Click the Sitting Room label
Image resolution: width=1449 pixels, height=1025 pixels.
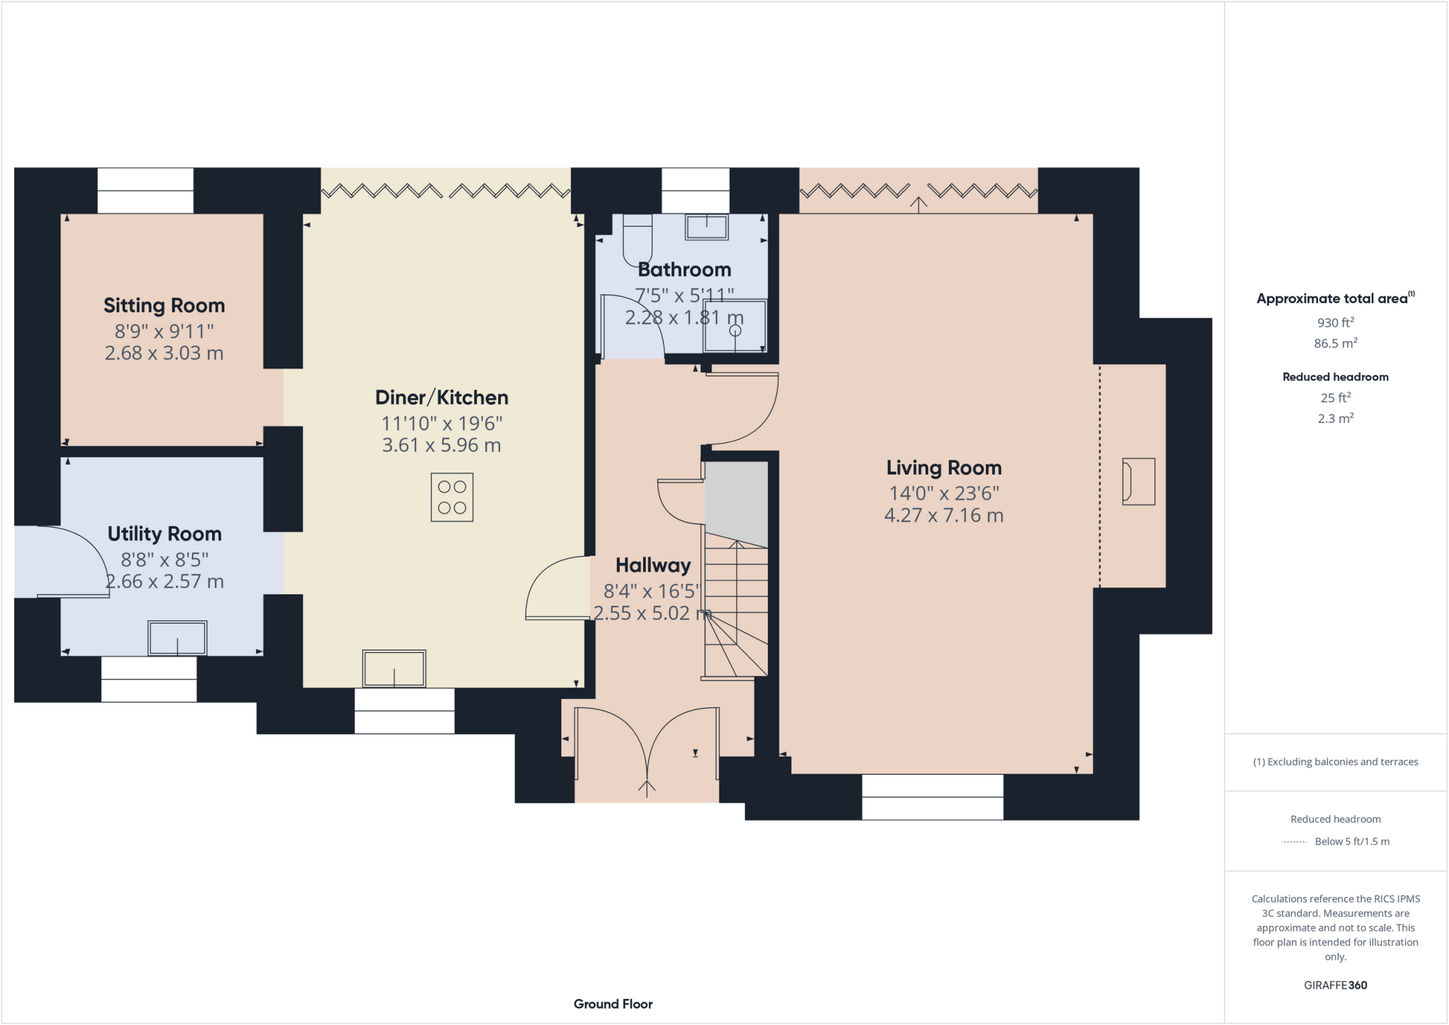(x=164, y=306)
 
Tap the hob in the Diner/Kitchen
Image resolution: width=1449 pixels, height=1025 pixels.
(x=451, y=497)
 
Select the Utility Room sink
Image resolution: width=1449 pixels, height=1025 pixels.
(x=177, y=638)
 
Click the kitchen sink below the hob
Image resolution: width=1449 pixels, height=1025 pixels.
(x=394, y=668)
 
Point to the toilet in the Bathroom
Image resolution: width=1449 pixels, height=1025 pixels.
(x=637, y=240)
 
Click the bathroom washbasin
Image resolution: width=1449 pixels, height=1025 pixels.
(x=706, y=227)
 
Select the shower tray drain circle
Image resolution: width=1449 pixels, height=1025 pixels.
(x=735, y=330)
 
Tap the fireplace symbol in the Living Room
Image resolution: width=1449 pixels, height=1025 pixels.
(x=1138, y=482)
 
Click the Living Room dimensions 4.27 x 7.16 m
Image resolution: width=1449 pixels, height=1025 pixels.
(x=943, y=516)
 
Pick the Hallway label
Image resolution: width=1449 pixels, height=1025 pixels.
(x=652, y=565)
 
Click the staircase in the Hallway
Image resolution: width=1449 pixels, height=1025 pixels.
(x=737, y=608)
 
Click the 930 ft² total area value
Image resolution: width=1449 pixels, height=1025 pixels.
(x=1335, y=323)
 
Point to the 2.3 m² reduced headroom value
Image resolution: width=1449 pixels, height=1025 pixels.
(x=1335, y=419)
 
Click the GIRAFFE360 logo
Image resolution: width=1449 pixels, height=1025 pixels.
(x=1335, y=985)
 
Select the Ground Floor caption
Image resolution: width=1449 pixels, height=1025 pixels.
(x=613, y=1004)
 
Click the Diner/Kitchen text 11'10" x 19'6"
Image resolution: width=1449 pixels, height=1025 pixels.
(x=441, y=424)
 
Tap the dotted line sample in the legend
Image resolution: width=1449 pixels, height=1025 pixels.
(x=1294, y=842)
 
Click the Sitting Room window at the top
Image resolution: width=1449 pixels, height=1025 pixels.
(x=145, y=190)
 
